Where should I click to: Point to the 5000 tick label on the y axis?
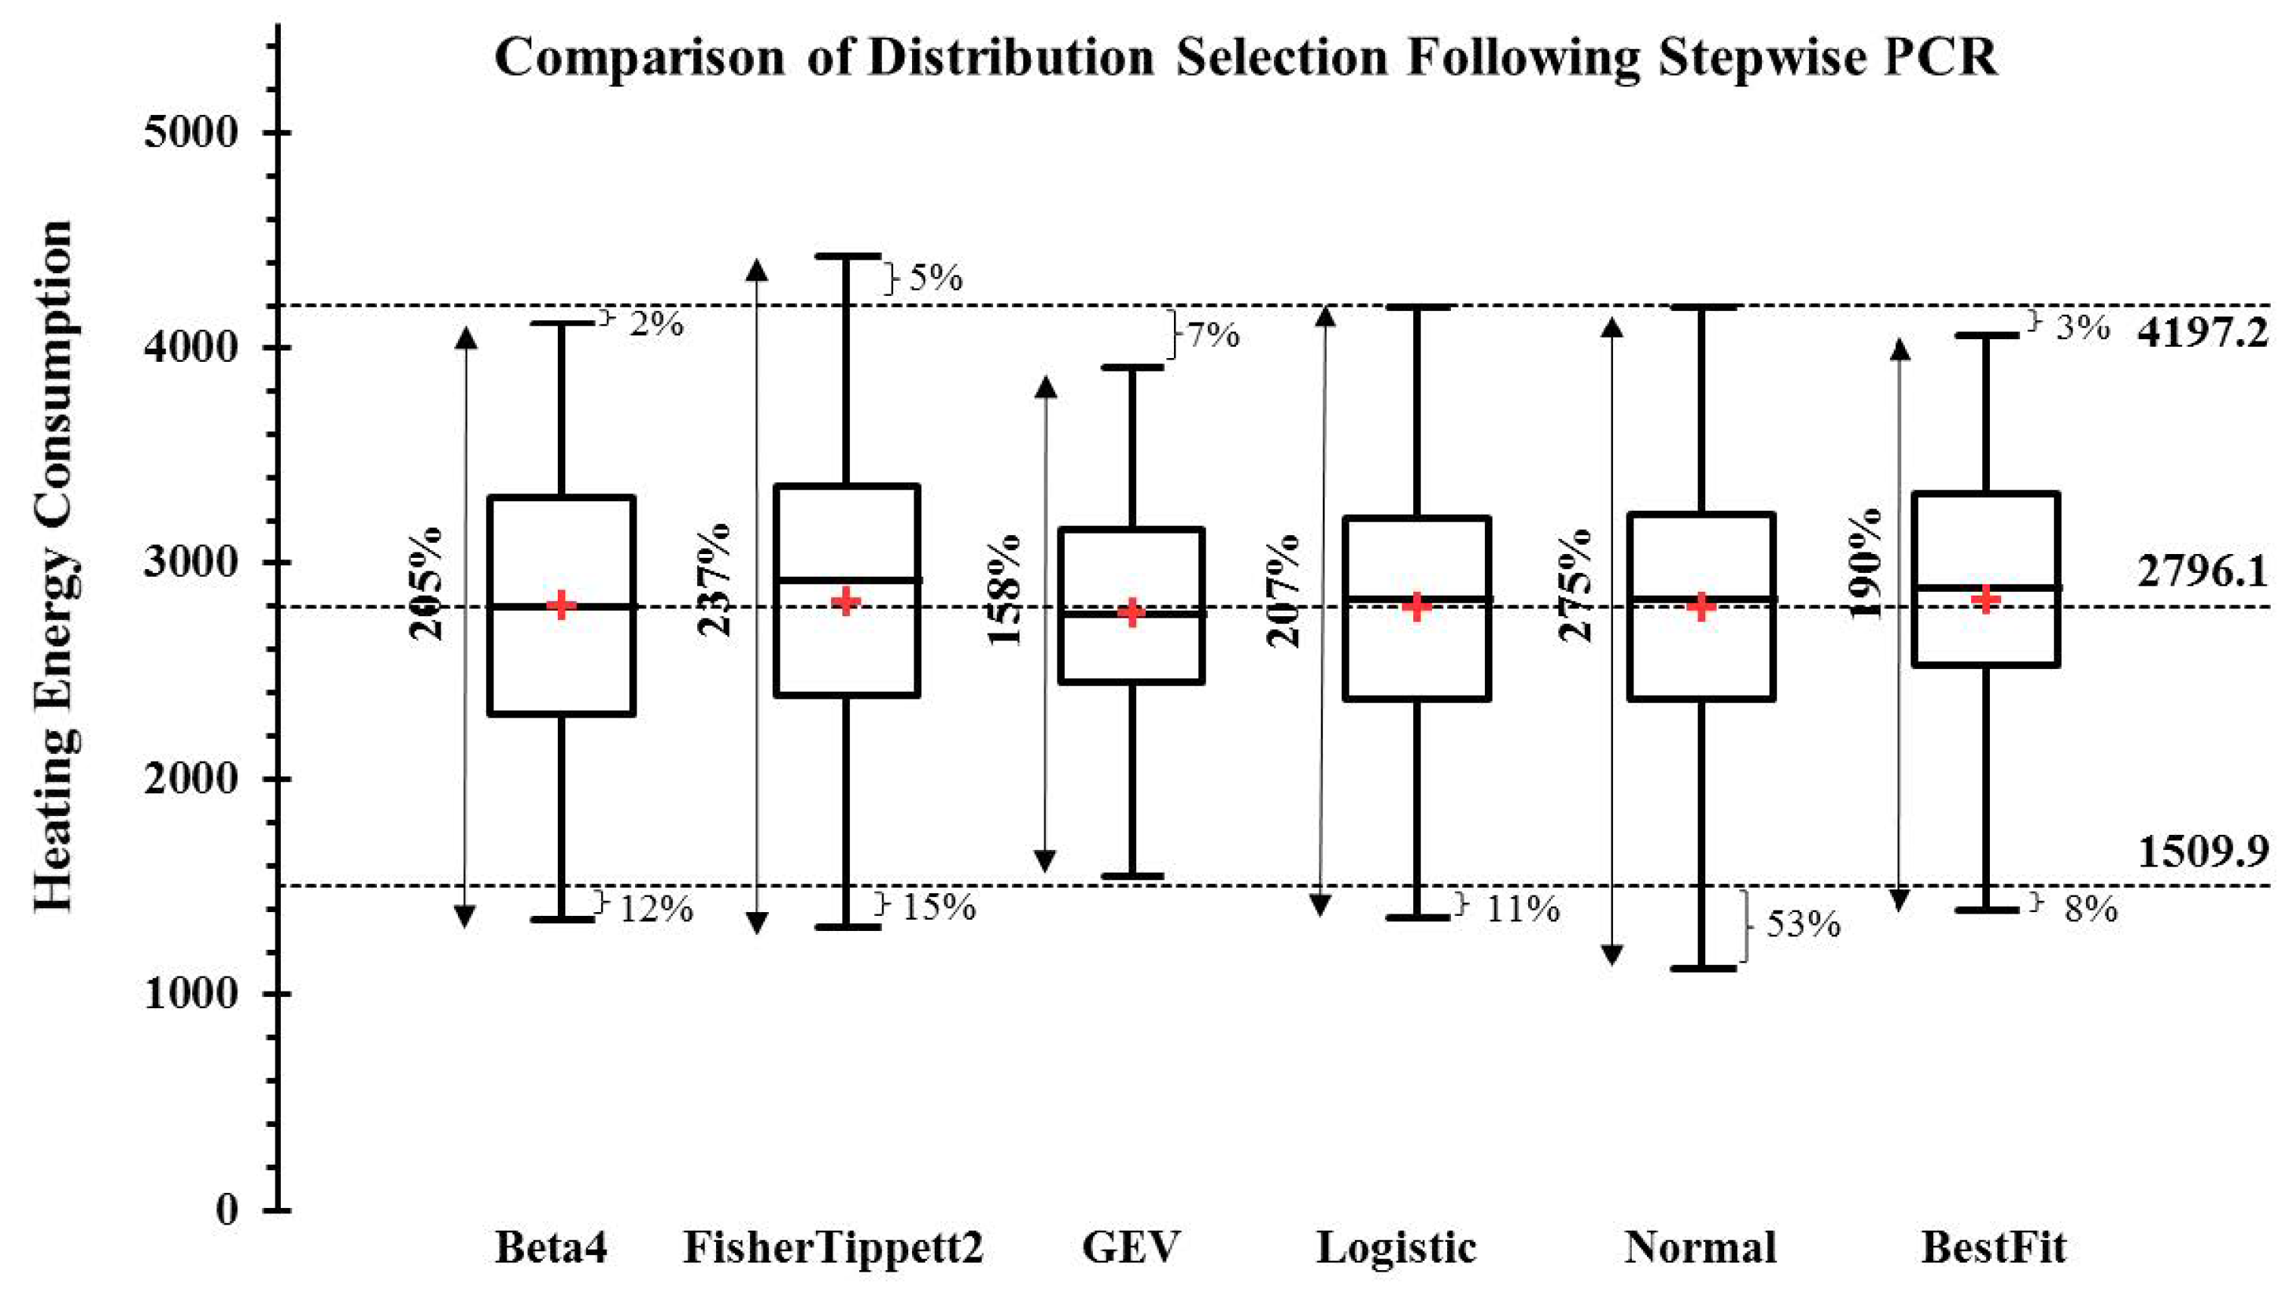click(191, 133)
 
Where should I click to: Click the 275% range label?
click(1575, 584)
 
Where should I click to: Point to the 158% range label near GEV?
click(1004, 590)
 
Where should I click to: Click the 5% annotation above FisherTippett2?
click(936, 279)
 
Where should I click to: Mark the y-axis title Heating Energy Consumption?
click(53, 567)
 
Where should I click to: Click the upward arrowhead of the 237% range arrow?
click(757, 269)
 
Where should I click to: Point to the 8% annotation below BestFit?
click(2091, 910)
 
